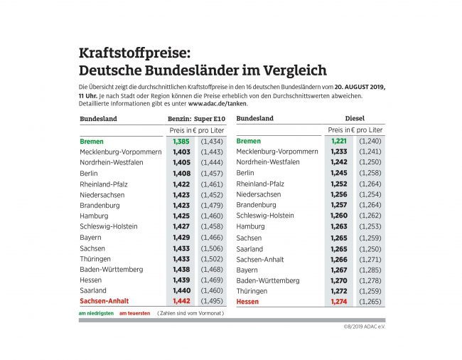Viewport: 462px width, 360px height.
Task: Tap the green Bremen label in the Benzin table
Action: pyautogui.click(x=92, y=142)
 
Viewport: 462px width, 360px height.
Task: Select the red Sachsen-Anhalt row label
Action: pyautogui.click(x=104, y=301)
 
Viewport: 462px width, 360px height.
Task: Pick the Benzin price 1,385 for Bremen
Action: pyautogui.click(x=181, y=142)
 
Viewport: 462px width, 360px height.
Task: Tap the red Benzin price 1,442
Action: pyautogui.click(x=181, y=301)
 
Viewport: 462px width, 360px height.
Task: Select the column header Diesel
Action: pyautogui.click(x=355, y=118)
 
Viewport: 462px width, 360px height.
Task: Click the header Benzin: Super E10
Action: pyautogui.click(x=196, y=118)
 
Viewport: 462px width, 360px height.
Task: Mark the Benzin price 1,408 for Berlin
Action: pyautogui.click(x=181, y=173)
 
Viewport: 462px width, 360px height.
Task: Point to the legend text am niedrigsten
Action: pyautogui.click(x=95, y=313)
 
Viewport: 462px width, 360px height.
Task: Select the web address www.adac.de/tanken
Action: pyautogui.click(x=213, y=103)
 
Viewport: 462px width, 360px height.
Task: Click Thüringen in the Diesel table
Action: pyautogui.click(x=252, y=291)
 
